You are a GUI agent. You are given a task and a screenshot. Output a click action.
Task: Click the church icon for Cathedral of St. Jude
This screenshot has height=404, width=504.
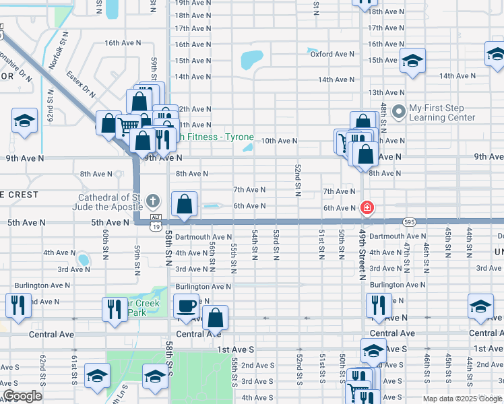tap(153, 201)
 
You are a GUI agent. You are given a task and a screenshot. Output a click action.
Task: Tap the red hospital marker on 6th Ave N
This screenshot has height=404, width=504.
tap(367, 207)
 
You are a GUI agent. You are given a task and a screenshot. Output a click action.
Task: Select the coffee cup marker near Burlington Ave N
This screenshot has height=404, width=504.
tap(187, 306)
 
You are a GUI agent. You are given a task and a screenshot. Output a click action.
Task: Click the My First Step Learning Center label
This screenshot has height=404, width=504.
tap(441, 112)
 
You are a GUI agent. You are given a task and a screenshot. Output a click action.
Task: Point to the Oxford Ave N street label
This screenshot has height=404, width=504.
tap(332, 54)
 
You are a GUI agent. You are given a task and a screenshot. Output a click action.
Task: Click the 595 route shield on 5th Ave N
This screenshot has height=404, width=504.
tap(410, 221)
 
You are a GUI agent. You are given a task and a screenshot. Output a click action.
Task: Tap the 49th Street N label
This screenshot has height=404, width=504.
tap(362, 255)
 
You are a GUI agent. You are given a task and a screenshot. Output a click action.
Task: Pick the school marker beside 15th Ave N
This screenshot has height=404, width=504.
tap(412, 61)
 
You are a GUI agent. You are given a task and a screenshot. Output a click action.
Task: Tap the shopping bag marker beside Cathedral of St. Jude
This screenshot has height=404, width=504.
tap(185, 204)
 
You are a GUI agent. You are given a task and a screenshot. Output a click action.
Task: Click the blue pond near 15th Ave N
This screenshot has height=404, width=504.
tap(251, 60)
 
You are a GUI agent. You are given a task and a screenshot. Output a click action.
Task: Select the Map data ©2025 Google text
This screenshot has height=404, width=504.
tap(462, 399)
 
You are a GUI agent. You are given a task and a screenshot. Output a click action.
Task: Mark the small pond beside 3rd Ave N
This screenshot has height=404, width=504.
tap(83, 259)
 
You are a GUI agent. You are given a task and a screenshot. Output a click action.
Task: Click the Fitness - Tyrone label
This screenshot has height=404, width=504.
tap(214, 137)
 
